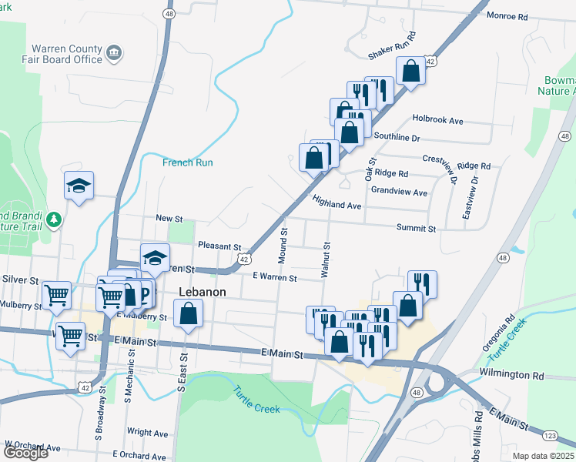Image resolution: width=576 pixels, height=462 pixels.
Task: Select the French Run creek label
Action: coord(187,162)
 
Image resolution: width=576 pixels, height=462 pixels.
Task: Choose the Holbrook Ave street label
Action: coord(437,120)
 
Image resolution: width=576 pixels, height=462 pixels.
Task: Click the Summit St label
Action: coord(416,229)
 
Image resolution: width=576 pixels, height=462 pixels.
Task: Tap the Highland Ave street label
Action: coord(337,203)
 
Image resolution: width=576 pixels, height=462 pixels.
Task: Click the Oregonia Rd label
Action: coord(498,332)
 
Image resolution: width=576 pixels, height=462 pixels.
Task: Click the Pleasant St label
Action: coord(219,246)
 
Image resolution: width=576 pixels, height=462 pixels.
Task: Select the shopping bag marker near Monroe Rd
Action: coord(411,72)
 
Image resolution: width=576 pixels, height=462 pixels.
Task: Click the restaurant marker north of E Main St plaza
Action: coord(422,283)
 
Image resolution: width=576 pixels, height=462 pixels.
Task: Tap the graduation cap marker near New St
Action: coord(79,185)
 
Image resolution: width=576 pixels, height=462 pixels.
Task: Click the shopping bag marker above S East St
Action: coord(188,313)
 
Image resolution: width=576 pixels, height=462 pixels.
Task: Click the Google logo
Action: coord(25,453)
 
